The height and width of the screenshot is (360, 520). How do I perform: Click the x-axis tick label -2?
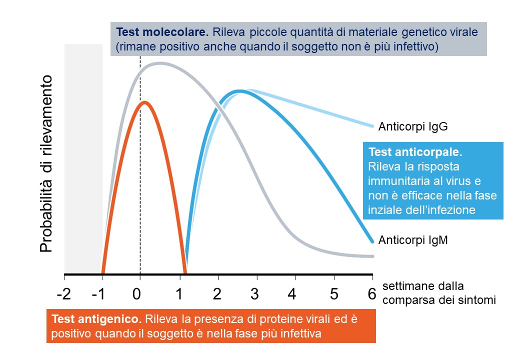(63, 293)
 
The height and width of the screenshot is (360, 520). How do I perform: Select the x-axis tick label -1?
(98, 293)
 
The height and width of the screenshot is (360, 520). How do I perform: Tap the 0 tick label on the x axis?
(136, 293)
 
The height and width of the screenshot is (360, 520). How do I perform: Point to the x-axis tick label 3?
(254, 293)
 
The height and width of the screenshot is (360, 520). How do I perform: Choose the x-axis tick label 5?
(334, 293)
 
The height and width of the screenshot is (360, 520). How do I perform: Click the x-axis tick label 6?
(372, 293)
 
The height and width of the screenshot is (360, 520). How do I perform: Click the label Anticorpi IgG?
(413, 126)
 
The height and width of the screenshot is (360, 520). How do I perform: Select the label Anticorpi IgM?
(413, 239)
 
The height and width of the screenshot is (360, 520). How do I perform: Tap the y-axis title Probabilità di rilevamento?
(46, 164)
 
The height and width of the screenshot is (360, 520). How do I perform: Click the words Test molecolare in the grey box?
(162, 32)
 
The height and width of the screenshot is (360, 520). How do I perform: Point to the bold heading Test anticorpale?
(415, 152)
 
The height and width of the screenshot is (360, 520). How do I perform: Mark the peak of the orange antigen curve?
(144, 102)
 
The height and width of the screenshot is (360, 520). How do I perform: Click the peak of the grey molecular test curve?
(160, 63)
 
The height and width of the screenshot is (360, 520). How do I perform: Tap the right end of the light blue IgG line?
(372, 126)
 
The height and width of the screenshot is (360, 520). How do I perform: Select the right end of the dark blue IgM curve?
(372, 241)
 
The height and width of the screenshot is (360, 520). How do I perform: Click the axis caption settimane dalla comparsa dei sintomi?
(439, 293)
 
